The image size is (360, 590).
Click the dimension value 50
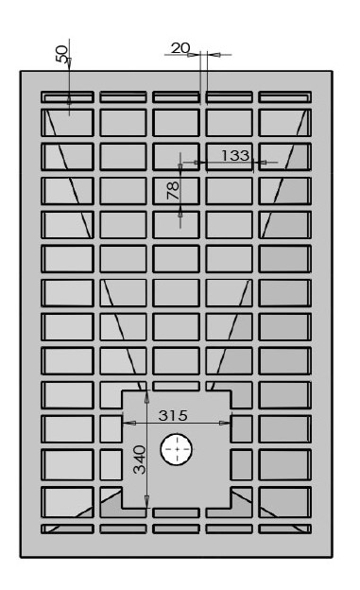click(x=61, y=54)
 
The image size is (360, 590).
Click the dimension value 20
click(x=180, y=48)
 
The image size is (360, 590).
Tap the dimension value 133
click(x=234, y=155)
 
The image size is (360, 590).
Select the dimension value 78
click(x=173, y=190)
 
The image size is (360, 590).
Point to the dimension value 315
click(x=173, y=415)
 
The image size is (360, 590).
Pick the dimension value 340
click(x=140, y=460)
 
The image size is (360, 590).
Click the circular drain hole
click(x=177, y=449)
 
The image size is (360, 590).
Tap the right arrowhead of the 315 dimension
click(x=225, y=423)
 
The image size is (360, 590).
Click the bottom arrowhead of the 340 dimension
click(x=146, y=501)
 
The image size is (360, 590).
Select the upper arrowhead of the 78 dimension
click(x=180, y=167)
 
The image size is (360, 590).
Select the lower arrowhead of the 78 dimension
click(x=180, y=214)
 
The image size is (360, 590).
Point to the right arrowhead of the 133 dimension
click(x=262, y=163)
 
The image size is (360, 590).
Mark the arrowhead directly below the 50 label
click(x=69, y=62)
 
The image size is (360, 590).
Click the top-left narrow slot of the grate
click(x=67, y=96)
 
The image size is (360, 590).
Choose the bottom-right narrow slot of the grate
click(x=284, y=529)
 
